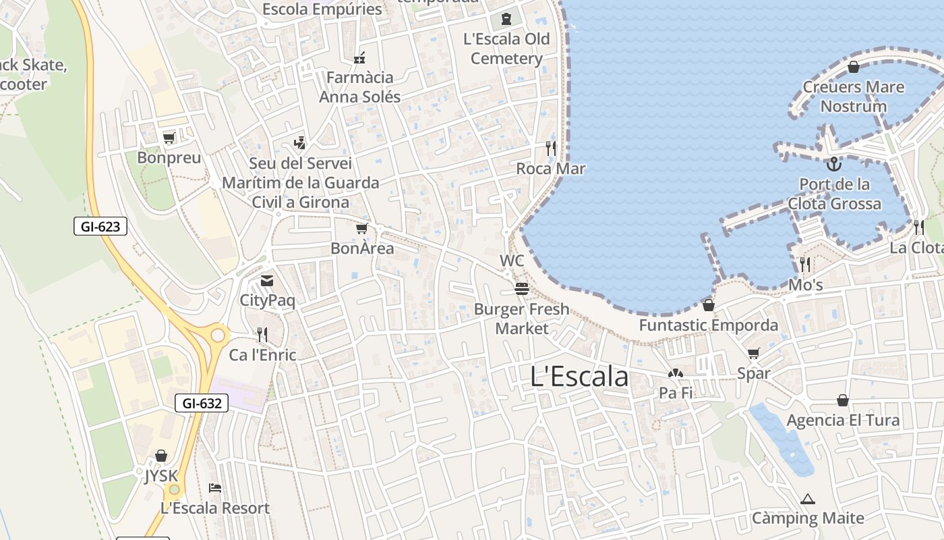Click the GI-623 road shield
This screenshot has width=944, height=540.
point(100,227)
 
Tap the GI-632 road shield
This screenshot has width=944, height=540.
point(202,403)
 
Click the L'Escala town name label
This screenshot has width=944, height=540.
point(579,377)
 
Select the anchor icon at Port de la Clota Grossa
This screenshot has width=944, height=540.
point(834,164)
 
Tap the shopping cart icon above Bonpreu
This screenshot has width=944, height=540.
point(169,138)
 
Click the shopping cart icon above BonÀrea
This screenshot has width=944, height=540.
point(362,228)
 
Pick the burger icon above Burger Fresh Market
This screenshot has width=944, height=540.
point(521,289)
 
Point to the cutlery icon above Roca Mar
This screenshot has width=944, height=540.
point(551,148)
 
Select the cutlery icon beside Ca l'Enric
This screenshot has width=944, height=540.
point(262,334)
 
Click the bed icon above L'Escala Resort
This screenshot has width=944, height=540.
point(215,487)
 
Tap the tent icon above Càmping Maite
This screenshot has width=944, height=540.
point(807,500)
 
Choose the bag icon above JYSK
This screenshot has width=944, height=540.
point(160,456)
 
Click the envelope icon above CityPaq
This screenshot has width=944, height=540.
point(267,280)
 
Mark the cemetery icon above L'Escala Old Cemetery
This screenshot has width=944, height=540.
point(506,18)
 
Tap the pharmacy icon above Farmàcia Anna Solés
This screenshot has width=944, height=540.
point(359,57)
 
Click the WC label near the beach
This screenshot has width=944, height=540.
point(512,261)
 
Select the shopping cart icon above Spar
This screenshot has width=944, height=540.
point(753,353)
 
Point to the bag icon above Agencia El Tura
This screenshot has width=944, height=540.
point(842,400)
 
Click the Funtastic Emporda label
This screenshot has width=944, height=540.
point(708,325)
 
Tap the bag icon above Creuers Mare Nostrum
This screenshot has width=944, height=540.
point(853,66)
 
